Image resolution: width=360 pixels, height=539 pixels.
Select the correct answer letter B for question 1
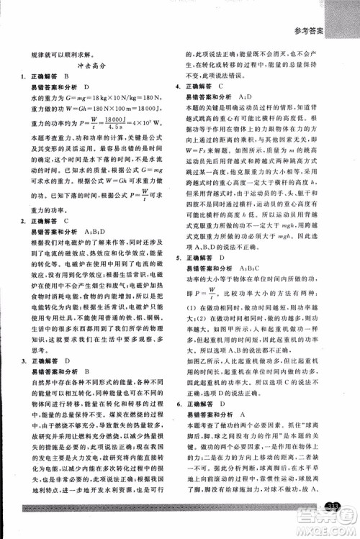pyautogui.click(x=66, y=76)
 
